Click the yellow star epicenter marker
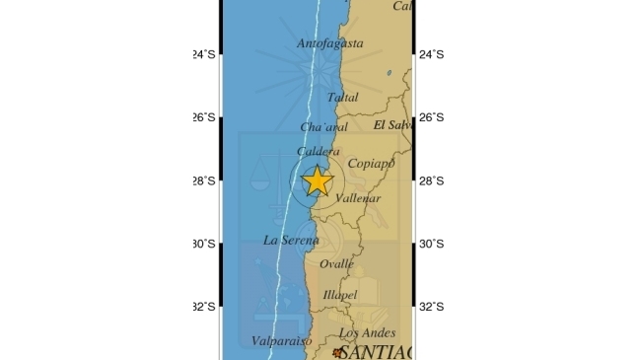pyautogui.click(x=318, y=181)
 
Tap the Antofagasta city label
pyautogui.click(x=330, y=43)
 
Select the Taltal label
pyautogui.click(x=342, y=97)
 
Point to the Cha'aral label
pyautogui.click(x=324, y=127)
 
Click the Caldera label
pyautogui.click(x=319, y=151)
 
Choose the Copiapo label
pyautogui.click(x=372, y=163)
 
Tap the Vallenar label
pyautogui.click(x=358, y=198)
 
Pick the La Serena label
pyautogui.click(x=291, y=240)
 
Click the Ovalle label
pyautogui.click(x=336, y=263)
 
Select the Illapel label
pyautogui.click(x=340, y=294)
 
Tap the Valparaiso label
pyautogui.click(x=281, y=341)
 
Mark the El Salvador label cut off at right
pyautogui.click(x=392, y=125)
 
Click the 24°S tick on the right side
pyautogui.click(x=432, y=54)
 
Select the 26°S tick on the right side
pyautogui.click(x=432, y=117)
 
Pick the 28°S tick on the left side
pyautogui.click(x=203, y=180)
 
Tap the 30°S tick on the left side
pyautogui.click(x=203, y=244)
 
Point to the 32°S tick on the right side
pyautogui.click(x=432, y=307)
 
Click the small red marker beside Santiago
pyautogui.click(x=337, y=352)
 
